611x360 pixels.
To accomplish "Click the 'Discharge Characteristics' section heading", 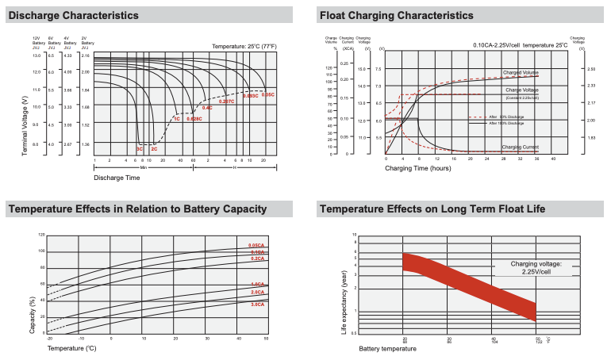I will click(73, 15).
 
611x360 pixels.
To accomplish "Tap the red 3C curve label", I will click(140, 149).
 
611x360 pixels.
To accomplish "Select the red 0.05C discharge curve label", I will click(267, 94).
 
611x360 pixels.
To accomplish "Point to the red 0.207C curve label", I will click(227, 101).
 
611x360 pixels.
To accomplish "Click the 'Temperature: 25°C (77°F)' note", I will click(244, 47).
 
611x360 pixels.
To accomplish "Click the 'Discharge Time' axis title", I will click(117, 178).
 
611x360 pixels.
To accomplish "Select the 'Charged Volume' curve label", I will click(520, 73).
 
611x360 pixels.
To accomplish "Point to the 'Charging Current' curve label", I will click(520, 147).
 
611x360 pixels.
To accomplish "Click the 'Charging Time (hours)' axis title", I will click(418, 168).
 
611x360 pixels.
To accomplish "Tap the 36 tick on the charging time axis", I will click(536, 159).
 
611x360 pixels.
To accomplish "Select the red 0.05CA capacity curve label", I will click(256, 245).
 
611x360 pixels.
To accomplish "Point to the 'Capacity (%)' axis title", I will click(33, 313).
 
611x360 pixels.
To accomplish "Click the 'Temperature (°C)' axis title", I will click(71, 347).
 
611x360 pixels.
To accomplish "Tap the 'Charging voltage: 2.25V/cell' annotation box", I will click(536, 267).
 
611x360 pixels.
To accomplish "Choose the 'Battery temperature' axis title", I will click(387, 347).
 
